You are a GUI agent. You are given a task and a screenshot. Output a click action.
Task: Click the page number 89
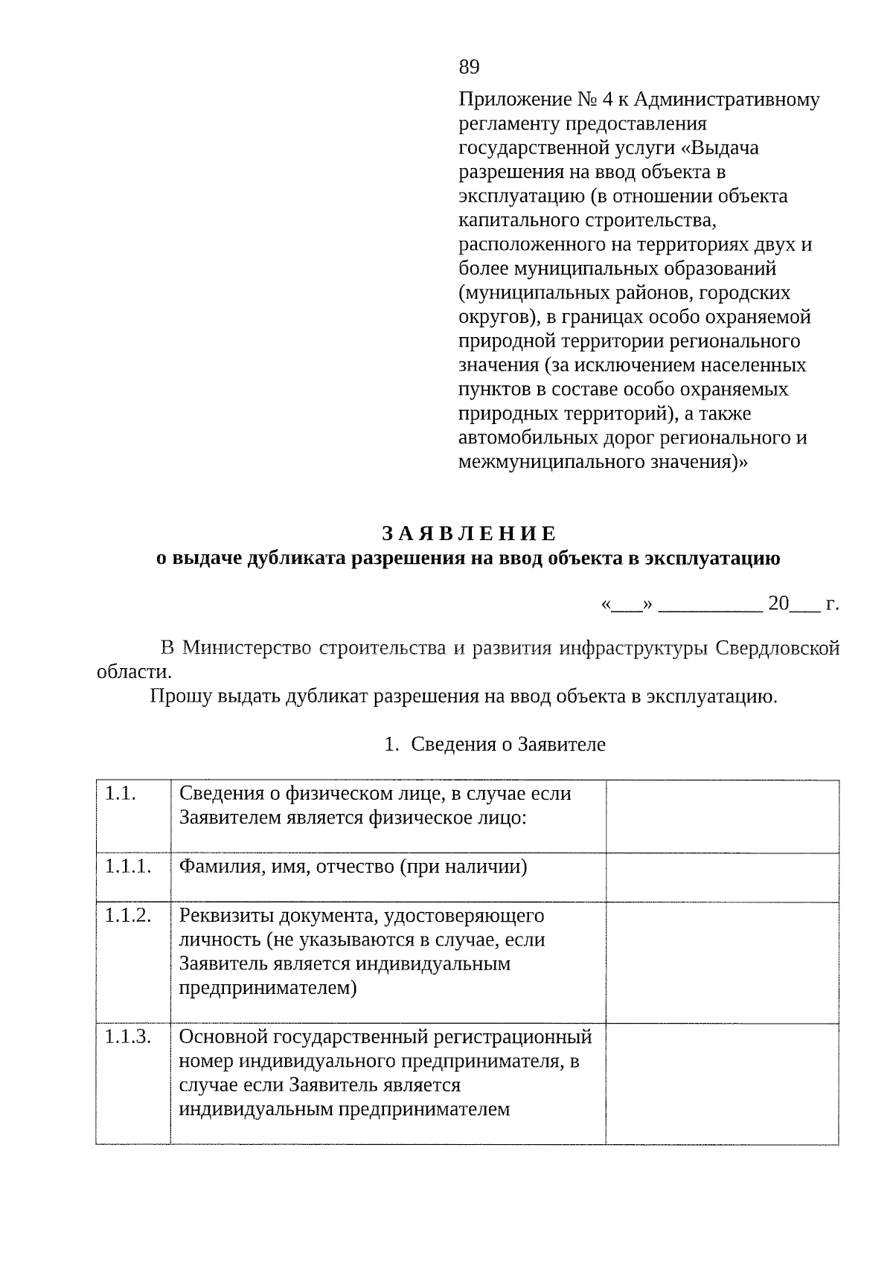coord(469,68)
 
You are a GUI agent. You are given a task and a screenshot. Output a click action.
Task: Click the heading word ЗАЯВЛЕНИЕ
coord(469,534)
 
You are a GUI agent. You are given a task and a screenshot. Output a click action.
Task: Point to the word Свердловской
coord(777,648)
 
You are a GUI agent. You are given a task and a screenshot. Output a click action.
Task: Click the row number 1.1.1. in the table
coord(128,867)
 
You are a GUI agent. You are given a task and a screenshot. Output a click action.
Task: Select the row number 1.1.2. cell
coord(128,916)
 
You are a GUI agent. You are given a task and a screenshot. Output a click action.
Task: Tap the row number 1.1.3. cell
coord(128,1036)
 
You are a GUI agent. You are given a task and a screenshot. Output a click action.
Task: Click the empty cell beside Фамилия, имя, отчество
coord(722,877)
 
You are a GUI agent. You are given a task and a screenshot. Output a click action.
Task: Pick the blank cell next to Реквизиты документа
coord(722,963)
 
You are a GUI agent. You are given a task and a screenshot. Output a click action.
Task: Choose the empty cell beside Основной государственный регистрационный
coord(722,1083)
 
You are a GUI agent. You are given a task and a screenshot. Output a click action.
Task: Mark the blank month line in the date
coord(710,604)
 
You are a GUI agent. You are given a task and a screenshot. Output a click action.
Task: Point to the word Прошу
coord(179,697)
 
